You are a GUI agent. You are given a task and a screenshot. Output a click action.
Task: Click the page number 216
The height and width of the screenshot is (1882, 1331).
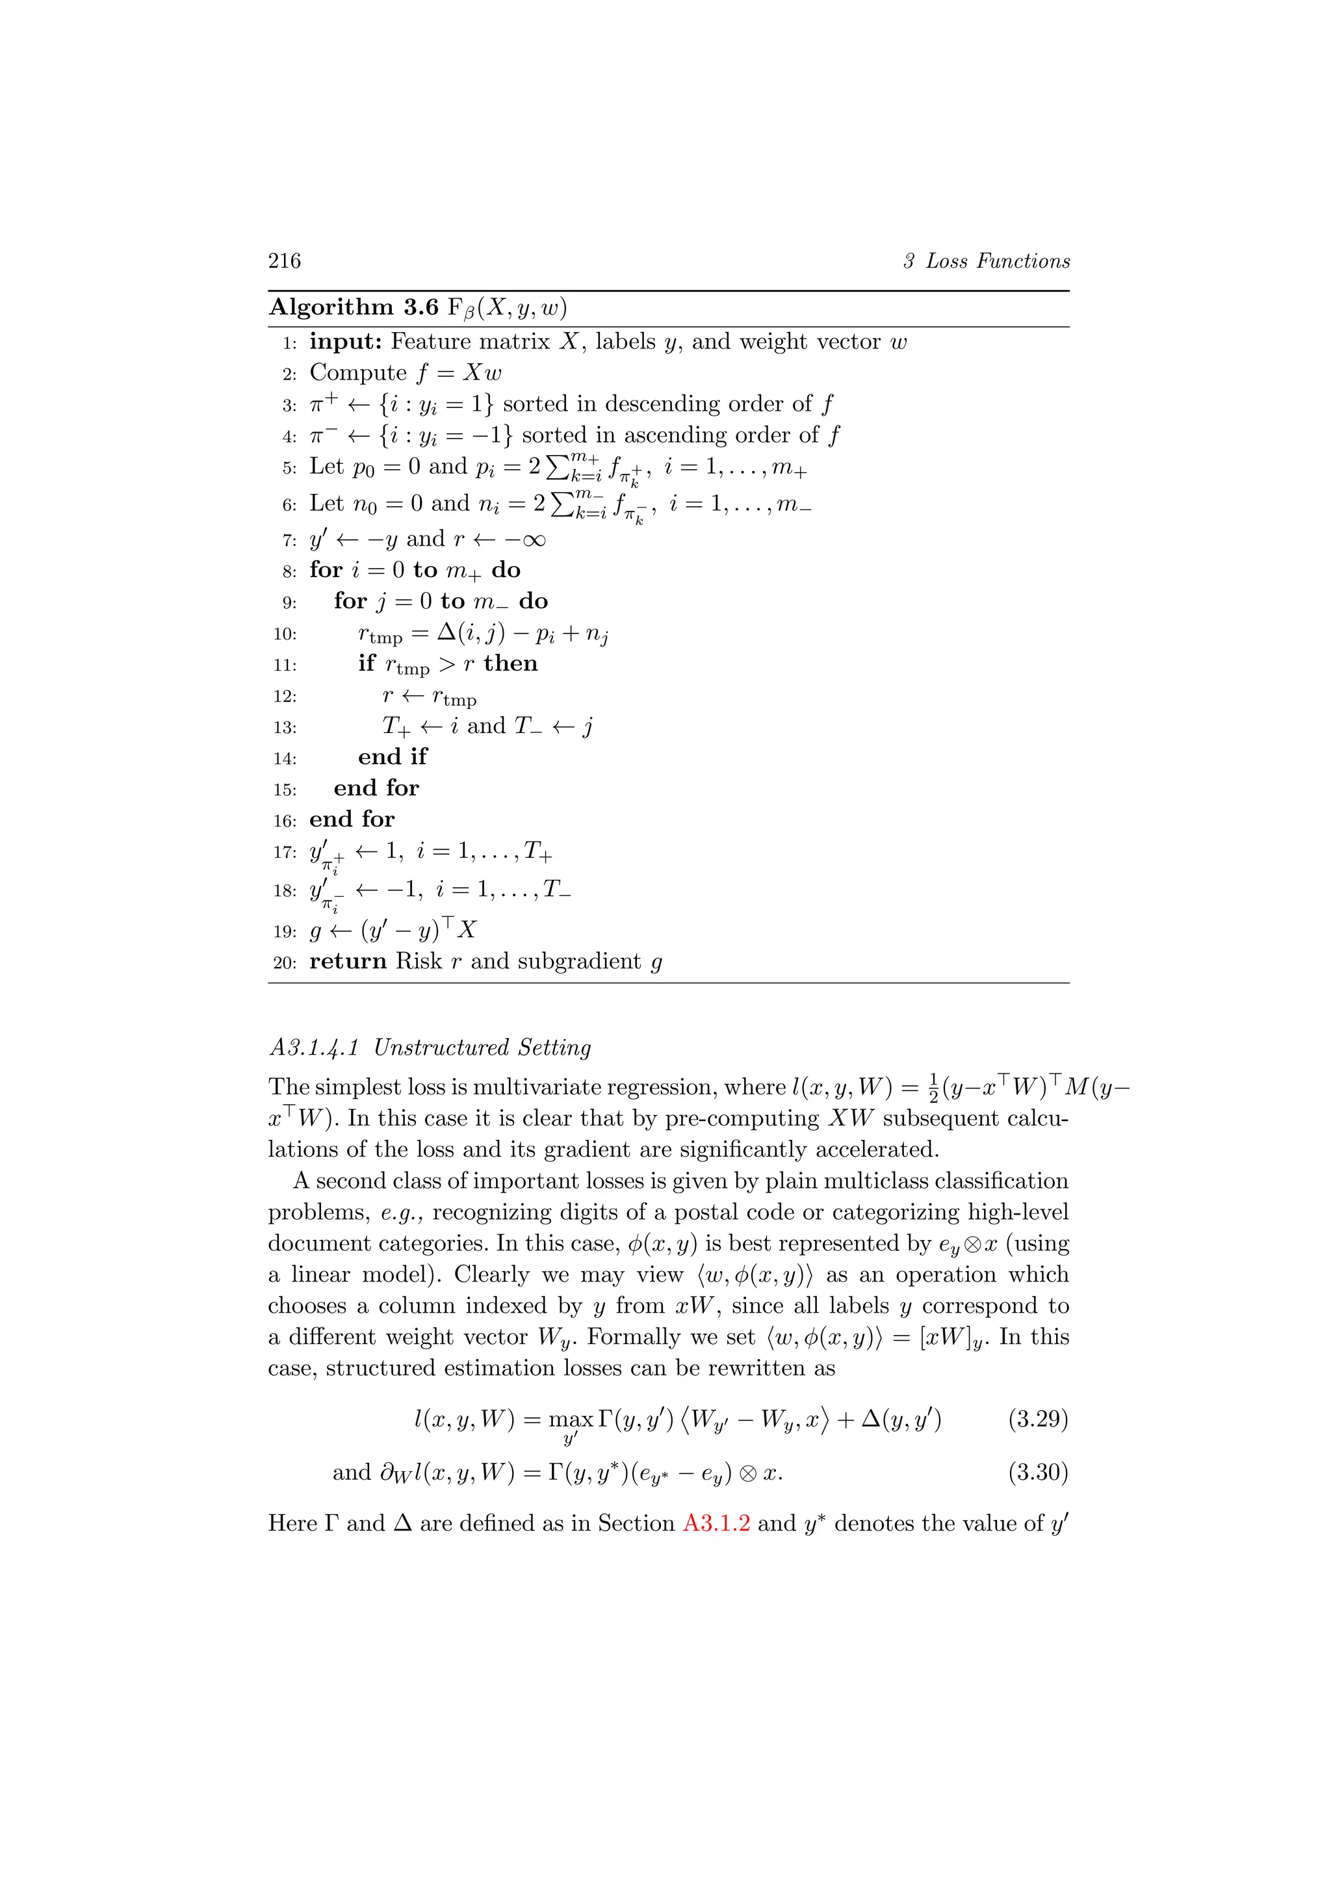pos(285,261)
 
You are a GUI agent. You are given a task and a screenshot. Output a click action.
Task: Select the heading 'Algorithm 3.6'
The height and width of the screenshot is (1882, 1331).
pos(354,307)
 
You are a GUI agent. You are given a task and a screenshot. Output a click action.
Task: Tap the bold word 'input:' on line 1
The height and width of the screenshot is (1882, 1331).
pos(346,342)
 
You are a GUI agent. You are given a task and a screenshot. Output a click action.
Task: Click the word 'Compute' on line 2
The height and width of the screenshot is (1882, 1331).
pos(358,373)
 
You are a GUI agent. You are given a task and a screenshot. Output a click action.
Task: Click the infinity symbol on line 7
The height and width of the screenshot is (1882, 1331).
pos(533,540)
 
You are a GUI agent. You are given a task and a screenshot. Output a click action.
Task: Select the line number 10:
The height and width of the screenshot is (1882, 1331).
pos(285,634)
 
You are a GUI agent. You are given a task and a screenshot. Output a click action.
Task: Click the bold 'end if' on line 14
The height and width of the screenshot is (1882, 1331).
pos(393,756)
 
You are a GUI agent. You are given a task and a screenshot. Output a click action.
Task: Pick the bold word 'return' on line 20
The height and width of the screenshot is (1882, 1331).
pos(348,962)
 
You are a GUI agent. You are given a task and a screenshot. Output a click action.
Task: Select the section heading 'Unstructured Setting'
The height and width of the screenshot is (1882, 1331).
pos(482,1048)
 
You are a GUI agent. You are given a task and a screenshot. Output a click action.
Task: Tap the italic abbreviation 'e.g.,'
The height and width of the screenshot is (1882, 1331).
pos(402,1212)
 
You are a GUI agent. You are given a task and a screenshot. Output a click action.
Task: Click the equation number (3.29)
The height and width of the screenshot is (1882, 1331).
pos(1038,1419)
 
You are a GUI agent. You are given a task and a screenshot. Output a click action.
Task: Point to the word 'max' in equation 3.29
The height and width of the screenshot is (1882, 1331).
pos(571,1420)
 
